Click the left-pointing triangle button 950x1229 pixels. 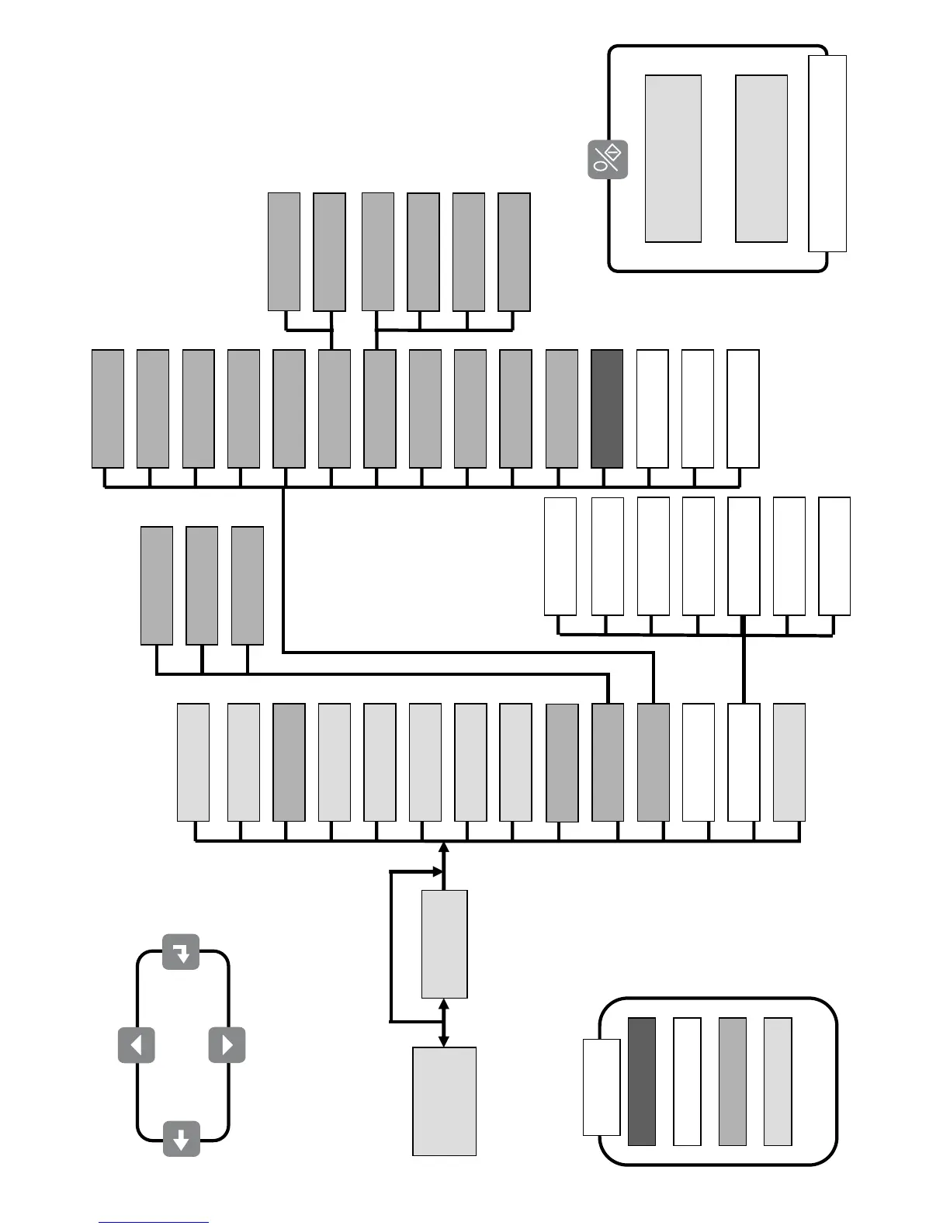[x=137, y=1045]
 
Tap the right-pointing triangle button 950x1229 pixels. [x=227, y=1045]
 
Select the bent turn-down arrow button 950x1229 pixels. [x=181, y=952]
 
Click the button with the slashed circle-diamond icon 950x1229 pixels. [x=607, y=160]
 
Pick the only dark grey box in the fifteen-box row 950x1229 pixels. [x=607, y=409]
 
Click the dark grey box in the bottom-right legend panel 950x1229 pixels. [x=642, y=1082]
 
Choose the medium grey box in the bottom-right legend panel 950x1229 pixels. [x=732, y=1082]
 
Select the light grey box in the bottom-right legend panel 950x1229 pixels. [x=778, y=1082]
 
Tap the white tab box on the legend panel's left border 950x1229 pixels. [x=602, y=1087]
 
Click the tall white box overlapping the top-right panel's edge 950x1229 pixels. [x=827, y=154]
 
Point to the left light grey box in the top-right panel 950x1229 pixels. [x=673, y=158]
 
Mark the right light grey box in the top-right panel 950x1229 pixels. [x=761, y=158]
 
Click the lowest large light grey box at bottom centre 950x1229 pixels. [x=444, y=1101]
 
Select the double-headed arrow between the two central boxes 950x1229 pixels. [x=444, y=1023]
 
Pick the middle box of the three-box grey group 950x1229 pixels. [x=202, y=586]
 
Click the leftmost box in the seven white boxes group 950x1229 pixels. [x=560, y=556]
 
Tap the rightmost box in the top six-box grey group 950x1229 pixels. [x=514, y=252]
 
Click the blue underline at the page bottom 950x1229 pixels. [x=154, y=1223]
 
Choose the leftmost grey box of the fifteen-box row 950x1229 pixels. [x=108, y=409]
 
